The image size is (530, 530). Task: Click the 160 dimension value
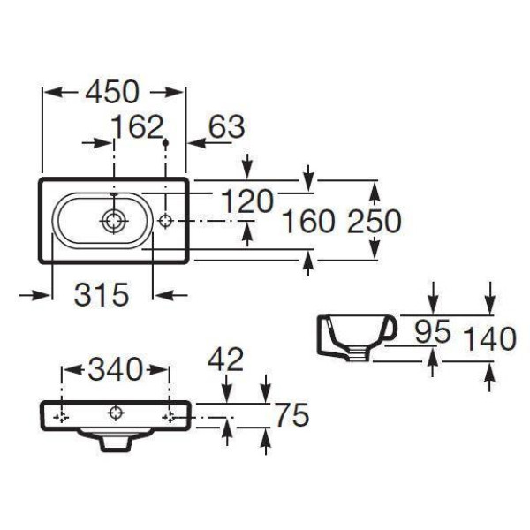(x=307, y=222)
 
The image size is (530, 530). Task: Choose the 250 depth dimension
(x=374, y=222)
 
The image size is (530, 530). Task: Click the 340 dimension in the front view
(x=115, y=369)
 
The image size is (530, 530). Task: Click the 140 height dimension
(x=488, y=337)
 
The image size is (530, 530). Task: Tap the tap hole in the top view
(x=167, y=220)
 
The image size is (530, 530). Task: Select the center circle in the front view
(x=115, y=413)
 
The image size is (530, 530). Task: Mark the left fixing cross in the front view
(x=61, y=415)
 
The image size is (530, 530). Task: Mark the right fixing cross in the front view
(x=169, y=415)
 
